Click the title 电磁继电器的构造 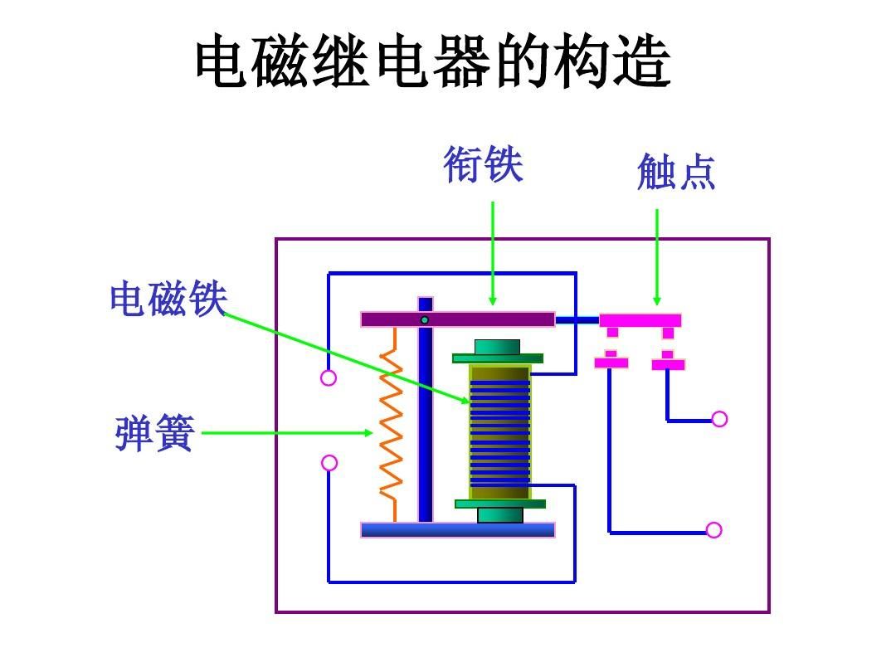432,62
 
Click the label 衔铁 483,164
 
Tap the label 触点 675,172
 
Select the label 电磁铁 168,299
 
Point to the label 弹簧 154,434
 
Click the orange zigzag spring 391,423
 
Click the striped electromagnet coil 499,431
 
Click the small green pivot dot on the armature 425,319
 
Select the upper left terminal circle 329,378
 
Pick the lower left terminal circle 329,463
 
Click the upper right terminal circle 719,419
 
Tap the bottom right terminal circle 713,530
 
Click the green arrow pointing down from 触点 657,257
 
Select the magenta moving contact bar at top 640,320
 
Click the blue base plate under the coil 458,530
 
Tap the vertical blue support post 426,415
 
